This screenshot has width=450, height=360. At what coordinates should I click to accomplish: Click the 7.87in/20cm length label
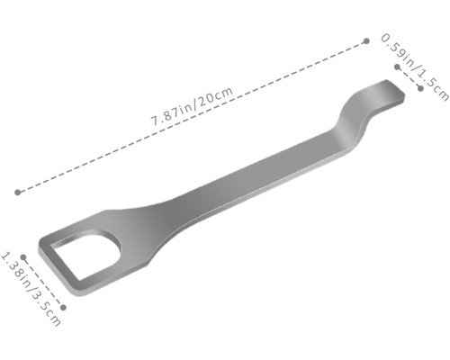[192, 106]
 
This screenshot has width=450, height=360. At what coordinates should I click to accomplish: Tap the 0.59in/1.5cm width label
[415, 67]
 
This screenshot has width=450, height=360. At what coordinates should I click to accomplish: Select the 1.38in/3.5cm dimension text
[31, 289]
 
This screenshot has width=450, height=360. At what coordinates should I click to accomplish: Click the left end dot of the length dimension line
[18, 192]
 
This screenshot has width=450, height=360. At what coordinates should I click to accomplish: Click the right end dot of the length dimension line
[366, 41]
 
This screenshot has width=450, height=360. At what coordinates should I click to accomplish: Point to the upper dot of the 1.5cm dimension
[398, 67]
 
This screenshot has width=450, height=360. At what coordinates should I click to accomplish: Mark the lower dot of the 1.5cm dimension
[420, 88]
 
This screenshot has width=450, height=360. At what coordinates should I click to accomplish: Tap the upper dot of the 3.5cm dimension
[23, 257]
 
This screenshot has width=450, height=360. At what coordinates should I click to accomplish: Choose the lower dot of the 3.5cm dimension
[63, 307]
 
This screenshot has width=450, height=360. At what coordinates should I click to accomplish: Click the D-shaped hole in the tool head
[85, 255]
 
